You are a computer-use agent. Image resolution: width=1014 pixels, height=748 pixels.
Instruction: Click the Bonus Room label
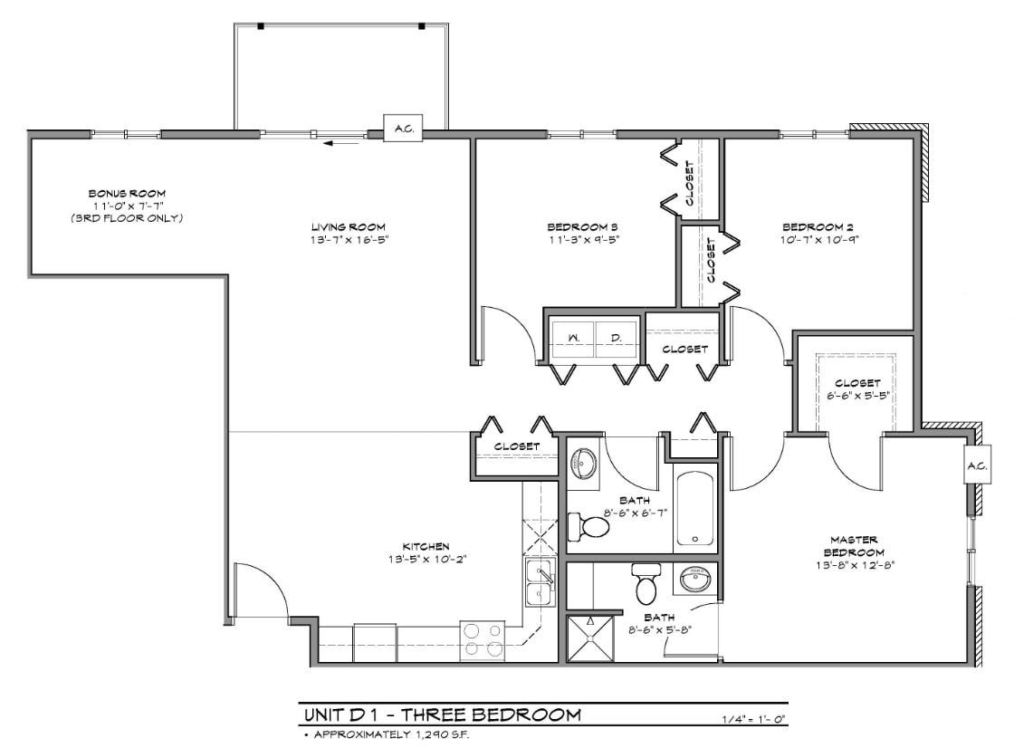[126, 194]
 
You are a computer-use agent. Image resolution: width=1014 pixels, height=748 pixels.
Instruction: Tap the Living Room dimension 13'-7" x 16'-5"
[349, 239]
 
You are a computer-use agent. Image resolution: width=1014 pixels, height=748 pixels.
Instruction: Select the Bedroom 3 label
[582, 226]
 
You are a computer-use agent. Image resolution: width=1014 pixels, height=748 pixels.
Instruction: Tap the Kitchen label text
[426, 546]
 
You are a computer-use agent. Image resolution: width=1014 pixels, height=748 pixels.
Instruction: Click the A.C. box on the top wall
[403, 129]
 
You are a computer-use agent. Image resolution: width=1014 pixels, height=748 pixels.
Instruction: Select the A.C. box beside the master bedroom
[976, 466]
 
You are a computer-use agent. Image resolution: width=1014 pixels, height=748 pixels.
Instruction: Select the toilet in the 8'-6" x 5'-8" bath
[646, 584]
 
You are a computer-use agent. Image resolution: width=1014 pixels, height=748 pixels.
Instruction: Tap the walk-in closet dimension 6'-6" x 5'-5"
[857, 396]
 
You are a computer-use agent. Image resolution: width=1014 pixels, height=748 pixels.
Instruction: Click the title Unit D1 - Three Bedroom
[442, 715]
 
